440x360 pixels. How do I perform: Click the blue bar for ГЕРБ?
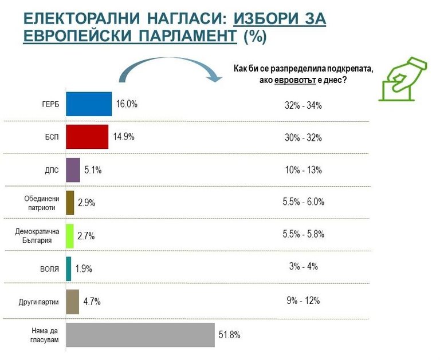click(x=89, y=104)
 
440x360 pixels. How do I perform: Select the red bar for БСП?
click(x=87, y=137)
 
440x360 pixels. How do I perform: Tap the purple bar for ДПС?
click(x=73, y=169)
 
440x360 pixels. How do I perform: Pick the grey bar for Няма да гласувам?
click(x=140, y=335)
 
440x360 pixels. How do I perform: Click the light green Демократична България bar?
click(x=70, y=236)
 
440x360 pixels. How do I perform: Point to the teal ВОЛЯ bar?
click(x=69, y=268)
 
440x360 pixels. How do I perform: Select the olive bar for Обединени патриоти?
click(x=70, y=203)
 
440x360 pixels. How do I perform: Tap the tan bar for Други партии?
click(x=72, y=302)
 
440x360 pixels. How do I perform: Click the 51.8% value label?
click(x=229, y=335)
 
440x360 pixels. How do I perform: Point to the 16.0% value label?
click(x=127, y=104)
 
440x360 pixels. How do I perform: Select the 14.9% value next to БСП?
click(x=122, y=137)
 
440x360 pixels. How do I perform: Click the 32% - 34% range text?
click(x=303, y=105)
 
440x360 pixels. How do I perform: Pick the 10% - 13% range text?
click(x=303, y=170)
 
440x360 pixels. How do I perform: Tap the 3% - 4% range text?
click(x=303, y=267)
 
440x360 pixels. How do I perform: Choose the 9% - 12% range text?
click(x=303, y=300)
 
